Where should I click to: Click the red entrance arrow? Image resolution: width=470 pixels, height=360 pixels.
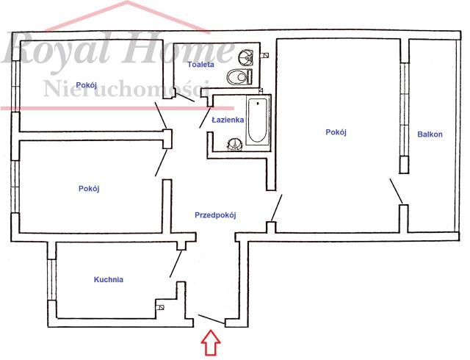click(211, 342)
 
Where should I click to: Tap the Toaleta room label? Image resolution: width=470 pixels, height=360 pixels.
click(200, 64)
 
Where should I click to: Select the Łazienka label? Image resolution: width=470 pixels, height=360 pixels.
click(228, 120)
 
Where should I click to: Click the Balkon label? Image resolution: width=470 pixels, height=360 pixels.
click(430, 134)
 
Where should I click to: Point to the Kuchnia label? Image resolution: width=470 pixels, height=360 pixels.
click(109, 279)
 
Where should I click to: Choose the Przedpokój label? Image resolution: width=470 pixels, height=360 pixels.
click(215, 215)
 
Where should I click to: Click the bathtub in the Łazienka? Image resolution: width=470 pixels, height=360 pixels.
click(257, 120)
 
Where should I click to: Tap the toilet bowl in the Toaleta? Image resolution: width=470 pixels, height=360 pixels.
click(239, 77)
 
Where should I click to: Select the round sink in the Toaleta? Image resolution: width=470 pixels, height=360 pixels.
click(246, 57)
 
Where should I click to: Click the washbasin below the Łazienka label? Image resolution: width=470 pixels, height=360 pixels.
click(235, 144)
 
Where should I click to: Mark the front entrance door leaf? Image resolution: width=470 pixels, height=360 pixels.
click(211, 319)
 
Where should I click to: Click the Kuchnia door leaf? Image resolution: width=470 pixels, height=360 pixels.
click(176, 264)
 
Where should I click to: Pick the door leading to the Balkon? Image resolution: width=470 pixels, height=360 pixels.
click(397, 191)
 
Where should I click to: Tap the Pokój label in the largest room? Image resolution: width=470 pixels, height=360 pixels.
click(336, 132)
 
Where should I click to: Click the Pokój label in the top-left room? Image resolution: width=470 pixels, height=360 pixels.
click(87, 85)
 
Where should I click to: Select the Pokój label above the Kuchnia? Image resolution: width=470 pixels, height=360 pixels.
click(89, 188)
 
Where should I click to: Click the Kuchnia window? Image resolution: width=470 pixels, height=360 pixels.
click(52, 280)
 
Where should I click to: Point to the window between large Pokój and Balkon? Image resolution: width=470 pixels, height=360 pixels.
click(405, 109)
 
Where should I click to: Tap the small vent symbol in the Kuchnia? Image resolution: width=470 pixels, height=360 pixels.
click(160, 307)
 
